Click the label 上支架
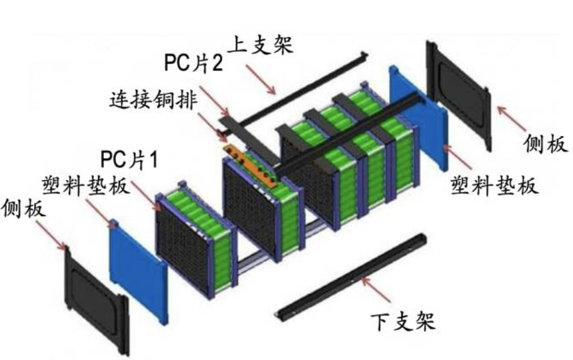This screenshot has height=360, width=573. point(261,47)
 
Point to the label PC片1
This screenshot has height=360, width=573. point(129,159)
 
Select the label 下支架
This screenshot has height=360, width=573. point(402,321)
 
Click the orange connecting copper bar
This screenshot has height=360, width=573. point(252,164)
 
